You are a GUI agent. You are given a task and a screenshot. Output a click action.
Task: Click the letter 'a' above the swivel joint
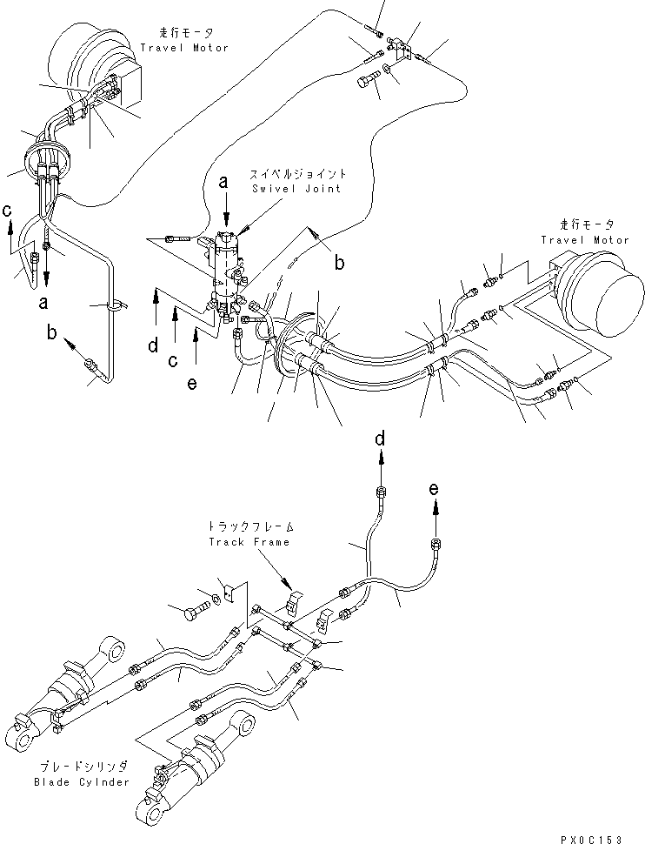coord(224,182)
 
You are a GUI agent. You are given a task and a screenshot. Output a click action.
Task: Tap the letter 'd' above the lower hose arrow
coord(380,439)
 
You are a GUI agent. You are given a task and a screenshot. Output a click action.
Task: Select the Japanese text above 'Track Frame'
coord(249,526)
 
